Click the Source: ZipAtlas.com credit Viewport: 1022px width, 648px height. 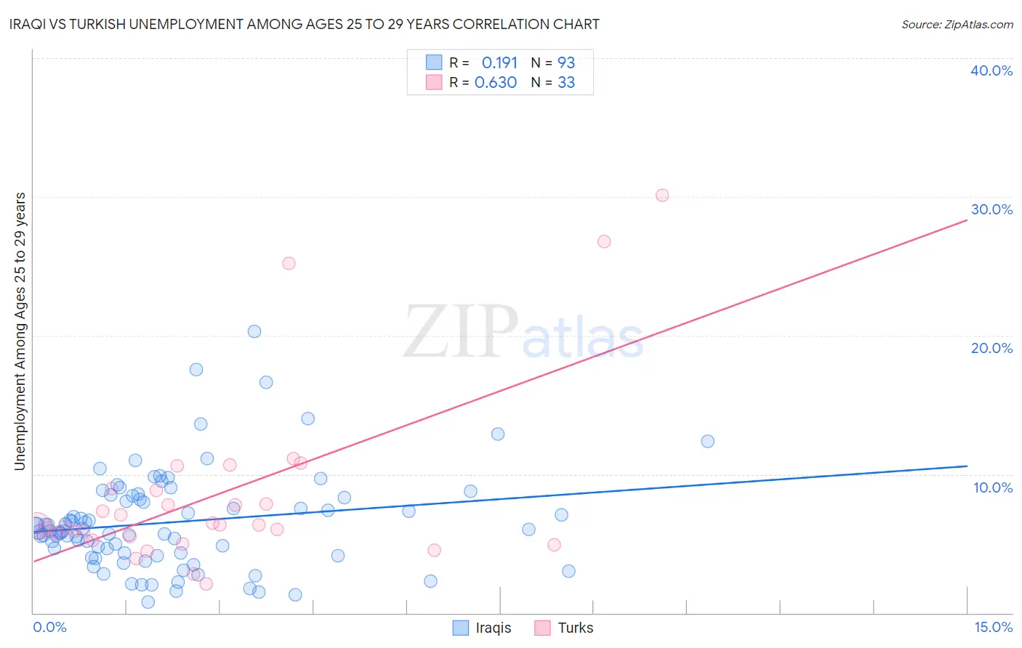[x=957, y=24]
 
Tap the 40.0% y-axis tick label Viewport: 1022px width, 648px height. [x=991, y=70]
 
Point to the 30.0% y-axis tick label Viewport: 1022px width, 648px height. [x=991, y=209]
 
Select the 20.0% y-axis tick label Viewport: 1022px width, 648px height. [x=991, y=348]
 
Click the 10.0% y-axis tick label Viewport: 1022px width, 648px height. [x=992, y=487]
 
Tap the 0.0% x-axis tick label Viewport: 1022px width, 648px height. [x=49, y=627]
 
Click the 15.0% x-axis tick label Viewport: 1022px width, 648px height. [x=992, y=627]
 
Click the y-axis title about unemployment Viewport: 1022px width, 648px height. [x=20, y=331]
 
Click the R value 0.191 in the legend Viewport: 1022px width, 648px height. [x=499, y=62]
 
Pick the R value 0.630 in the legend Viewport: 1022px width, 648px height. [x=496, y=83]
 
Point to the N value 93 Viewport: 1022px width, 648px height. [x=566, y=62]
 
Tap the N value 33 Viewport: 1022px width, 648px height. [x=566, y=83]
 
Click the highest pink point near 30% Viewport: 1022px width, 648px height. [x=662, y=195]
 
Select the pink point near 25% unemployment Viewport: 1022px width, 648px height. [x=289, y=263]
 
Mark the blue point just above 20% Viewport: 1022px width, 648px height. [x=254, y=331]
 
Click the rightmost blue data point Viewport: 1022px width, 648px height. [x=707, y=441]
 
